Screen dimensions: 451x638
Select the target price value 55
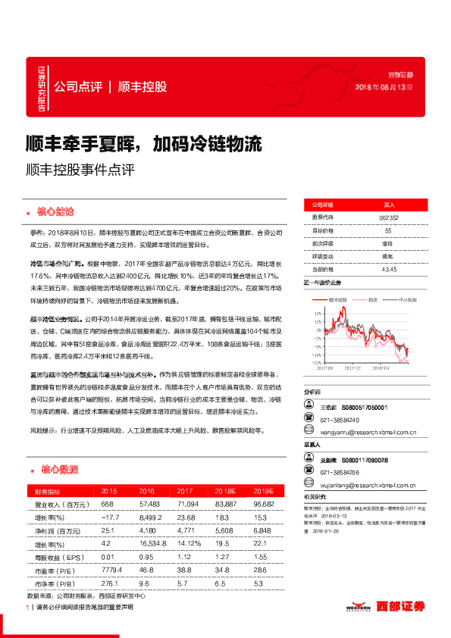pos(388,230)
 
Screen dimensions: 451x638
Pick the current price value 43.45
pos(389,268)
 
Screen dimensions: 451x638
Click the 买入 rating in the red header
pos(389,205)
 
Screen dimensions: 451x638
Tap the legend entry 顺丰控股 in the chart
pos(338,300)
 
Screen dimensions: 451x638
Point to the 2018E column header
pos(224,491)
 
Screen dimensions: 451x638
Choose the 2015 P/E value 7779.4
pos(111,569)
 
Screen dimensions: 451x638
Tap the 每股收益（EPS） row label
pos(57,557)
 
